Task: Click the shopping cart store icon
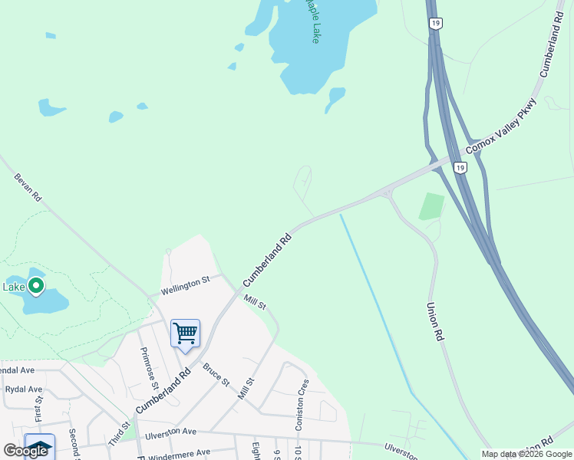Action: tap(185, 333)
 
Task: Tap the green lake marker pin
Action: tap(35, 287)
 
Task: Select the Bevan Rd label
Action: tap(27, 187)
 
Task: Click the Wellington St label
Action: tap(185, 287)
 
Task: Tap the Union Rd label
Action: tap(434, 321)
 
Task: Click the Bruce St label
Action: tap(216, 375)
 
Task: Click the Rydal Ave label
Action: tap(24, 389)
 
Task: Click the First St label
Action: tap(38, 408)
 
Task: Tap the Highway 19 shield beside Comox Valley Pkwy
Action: tap(459, 167)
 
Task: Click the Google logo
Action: tap(25, 451)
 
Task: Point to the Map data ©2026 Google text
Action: tap(526, 454)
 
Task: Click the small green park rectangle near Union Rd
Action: tap(431, 206)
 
